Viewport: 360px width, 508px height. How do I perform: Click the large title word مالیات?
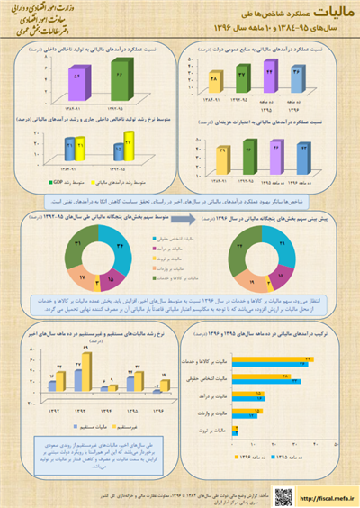(326, 12)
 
